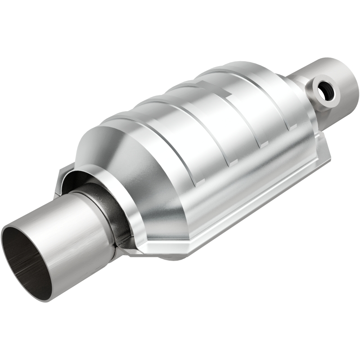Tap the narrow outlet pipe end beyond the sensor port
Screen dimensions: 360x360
342,76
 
